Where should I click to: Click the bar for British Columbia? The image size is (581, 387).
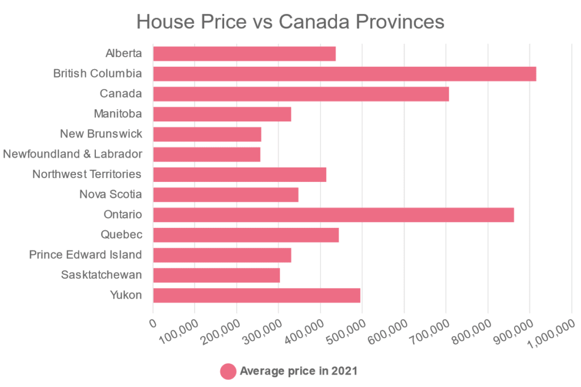344,74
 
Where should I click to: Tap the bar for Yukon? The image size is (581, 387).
256,295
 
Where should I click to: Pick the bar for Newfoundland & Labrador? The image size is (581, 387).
207,154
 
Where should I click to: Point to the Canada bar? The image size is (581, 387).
301,94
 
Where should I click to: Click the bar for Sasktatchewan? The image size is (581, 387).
216,275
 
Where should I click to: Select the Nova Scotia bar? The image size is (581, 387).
225,195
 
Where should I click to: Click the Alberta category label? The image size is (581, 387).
123,54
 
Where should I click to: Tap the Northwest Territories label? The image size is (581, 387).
87,175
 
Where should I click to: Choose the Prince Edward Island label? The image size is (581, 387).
85,255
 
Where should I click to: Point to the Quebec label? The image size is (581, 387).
121,235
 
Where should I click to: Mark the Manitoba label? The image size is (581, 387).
117,114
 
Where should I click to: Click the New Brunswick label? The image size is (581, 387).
101,134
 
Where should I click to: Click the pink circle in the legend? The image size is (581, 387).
228,372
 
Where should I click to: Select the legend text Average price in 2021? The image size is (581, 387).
298,372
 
